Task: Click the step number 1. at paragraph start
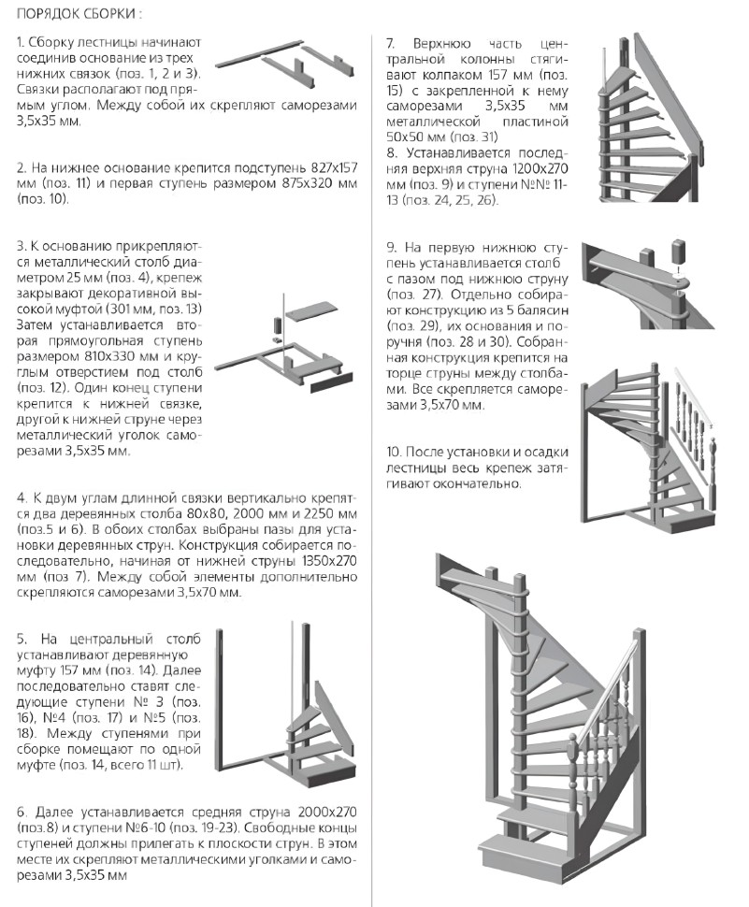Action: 22,45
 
